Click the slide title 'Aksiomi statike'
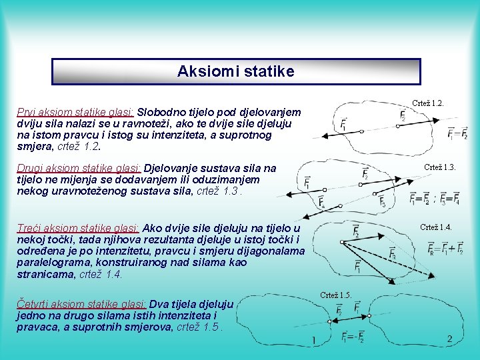coord(235,71)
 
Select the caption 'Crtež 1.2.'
coord(428,104)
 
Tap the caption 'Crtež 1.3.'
coord(439,167)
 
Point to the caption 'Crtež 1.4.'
coord(435,227)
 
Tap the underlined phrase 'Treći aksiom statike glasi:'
coord(78,228)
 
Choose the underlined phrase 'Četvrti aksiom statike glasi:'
coord(82,303)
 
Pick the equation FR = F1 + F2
coord(446,249)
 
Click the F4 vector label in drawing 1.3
coord(322,201)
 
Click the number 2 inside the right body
coord(450,339)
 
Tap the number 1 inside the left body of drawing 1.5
coord(313,341)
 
